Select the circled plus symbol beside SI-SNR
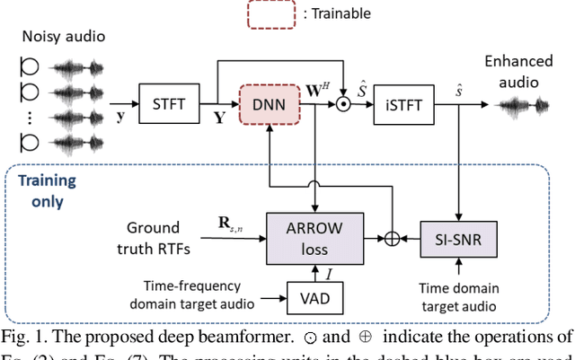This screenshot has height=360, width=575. (x=391, y=238)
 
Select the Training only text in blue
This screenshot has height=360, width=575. (x=46, y=191)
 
